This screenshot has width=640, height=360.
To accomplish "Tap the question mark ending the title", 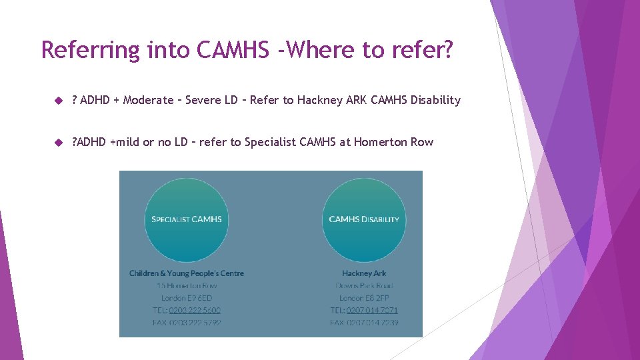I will click(x=447, y=50).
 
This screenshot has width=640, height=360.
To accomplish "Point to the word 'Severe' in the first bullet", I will click(x=204, y=101).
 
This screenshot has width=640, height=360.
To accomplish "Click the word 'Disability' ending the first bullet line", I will click(x=435, y=101).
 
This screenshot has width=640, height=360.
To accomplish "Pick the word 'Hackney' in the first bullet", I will click(x=318, y=101).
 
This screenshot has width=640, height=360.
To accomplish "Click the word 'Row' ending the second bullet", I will click(x=421, y=142).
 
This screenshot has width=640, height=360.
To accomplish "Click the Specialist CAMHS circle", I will click(x=187, y=219).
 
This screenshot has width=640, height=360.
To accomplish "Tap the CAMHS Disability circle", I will click(x=364, y=219).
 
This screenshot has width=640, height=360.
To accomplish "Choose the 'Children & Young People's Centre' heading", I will click(x=187, y=273).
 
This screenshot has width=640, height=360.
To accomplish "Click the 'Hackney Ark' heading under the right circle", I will click(x=364, y=273).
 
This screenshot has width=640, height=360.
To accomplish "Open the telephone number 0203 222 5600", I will click(x=195, y=311).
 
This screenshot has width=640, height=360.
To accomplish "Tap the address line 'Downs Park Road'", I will click(x=364, y=285).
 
